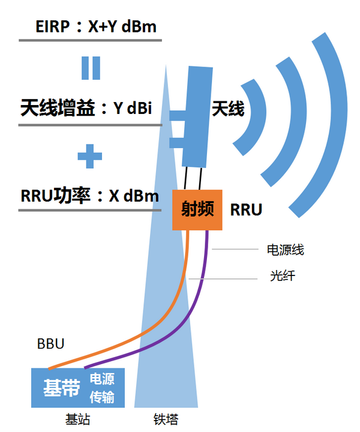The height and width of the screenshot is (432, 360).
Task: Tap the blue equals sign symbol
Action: (x=91, y=68)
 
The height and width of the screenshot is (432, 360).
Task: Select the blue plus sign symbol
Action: (x=90, y=157)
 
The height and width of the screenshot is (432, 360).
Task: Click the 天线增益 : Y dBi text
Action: (x=86, y=109)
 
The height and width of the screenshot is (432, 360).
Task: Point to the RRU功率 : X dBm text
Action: (x=89, y=196)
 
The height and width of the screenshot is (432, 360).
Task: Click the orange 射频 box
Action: (x=197, y=209)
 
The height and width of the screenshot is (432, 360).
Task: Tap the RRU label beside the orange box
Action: (x=246, y=210)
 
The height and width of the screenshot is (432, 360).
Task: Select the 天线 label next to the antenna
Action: (x=227, y=109)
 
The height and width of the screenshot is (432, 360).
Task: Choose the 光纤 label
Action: (x=282, y=277)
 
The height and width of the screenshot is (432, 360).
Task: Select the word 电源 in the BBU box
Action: (x=102, y=380)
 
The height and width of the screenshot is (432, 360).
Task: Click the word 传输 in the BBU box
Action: (x=102, y=397)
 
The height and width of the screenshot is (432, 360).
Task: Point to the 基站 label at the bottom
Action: (x=77, y=419)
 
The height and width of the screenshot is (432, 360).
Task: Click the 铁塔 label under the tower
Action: (x=166, y=419)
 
